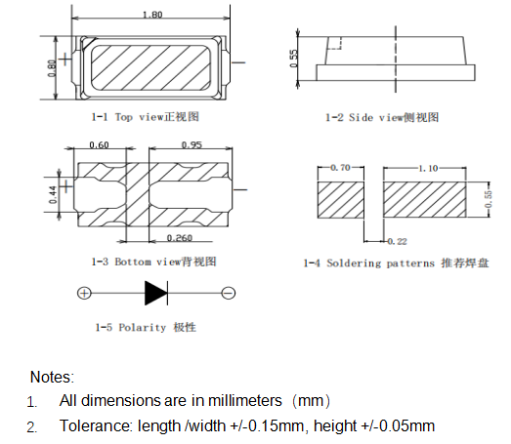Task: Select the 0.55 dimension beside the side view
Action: pyautogui.click(x=293, y=58)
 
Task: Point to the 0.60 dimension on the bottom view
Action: pyautogui.click(x=99, y=145)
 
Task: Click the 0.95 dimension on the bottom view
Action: pyautogui.click(x=192, y=145)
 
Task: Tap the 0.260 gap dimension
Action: pyautogui.click(x=179, y=238)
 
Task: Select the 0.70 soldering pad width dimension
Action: pyautogui.click(x=341, y=168)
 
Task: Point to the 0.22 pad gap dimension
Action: pyautogui.click(x=397, y=240)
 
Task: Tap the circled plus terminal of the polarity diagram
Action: pyautogui.click(x=84, y=293)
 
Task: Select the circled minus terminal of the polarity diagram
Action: pyautogui.click(x=228, y=293)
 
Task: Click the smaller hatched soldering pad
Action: pyautogui.click(x=341, y=201)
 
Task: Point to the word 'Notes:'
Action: pyautogui.click(x=52, y=376)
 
